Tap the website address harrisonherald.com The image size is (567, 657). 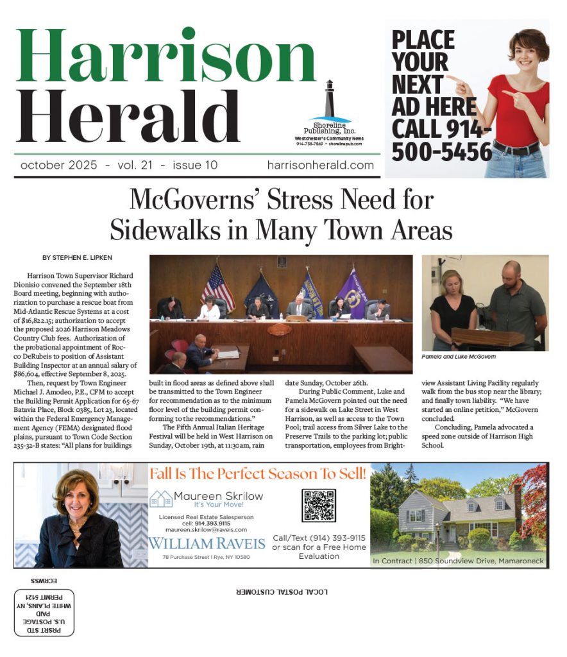pos(320,165)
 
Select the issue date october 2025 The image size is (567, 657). pos(59,165)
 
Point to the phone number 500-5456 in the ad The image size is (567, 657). pos(442,151)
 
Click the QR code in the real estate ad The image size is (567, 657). pos(319,505)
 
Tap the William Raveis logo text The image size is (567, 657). pos(207,543)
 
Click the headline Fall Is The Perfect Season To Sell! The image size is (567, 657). pos(258,474)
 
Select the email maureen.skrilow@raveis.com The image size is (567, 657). pos(207,529)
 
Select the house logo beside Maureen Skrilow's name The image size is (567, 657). pos(160,499)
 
